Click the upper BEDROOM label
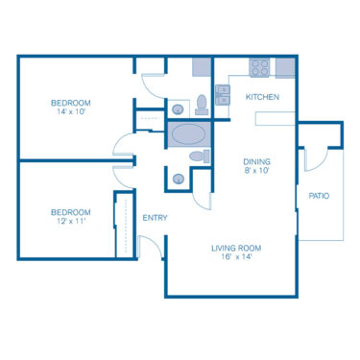tap(71, 103)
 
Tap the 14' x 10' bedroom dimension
tap(71, 113)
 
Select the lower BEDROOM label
tap(71, 212)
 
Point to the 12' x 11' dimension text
tap(71, 223)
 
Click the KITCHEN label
tap(262, 97)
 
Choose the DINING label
tap(256, 161)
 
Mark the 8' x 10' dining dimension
tap(256, 172)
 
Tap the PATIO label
tap(319, 196)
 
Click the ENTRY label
tap(155, 218)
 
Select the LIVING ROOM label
tap(236, 249)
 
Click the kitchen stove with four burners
tap(259, 68)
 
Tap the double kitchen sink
tap(223, 93)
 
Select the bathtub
tap(188, 133)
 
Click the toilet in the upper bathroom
tap(202, 104)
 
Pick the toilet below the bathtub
tap(197, 156)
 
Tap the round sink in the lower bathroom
tap(179, 178)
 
